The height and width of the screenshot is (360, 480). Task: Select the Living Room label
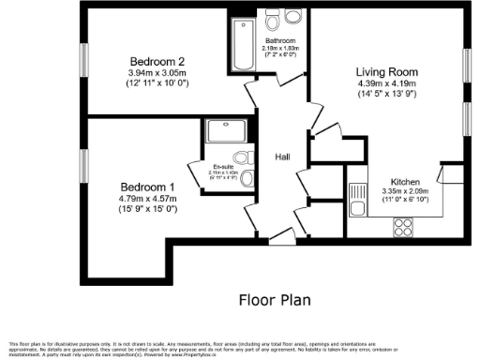[x=385, y=71]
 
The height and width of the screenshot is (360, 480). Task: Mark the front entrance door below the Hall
[x=278, y=244]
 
